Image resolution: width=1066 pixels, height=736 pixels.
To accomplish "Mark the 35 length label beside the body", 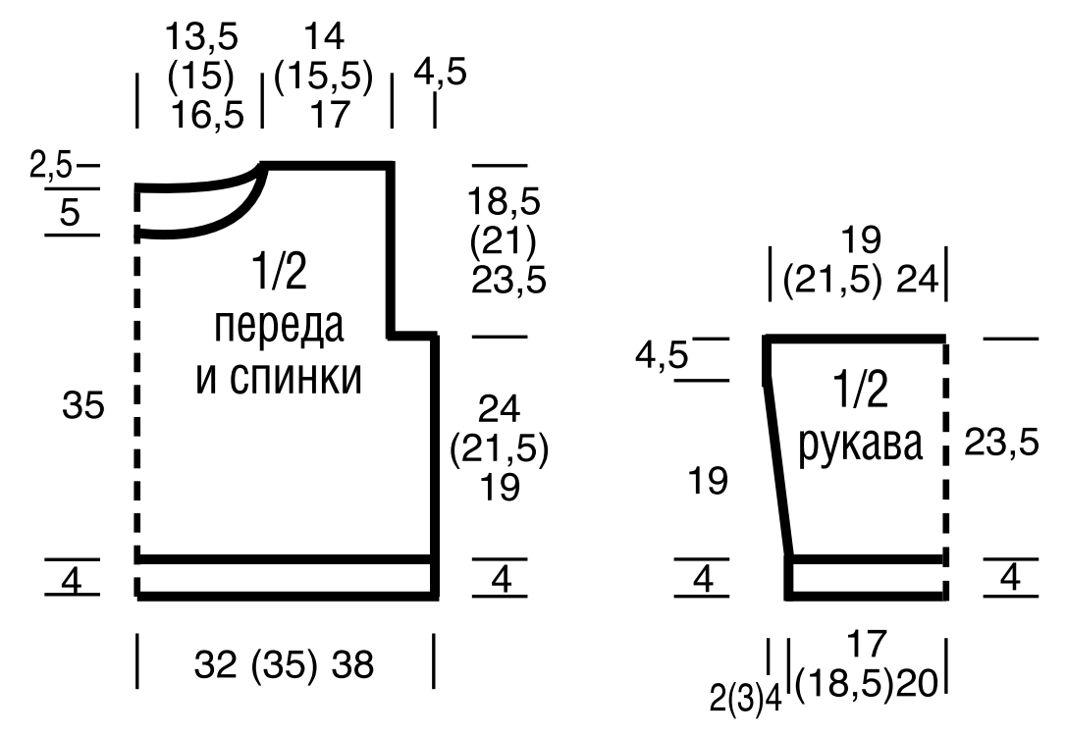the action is tap(82, 405).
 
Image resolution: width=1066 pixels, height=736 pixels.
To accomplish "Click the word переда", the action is tap(280, 327).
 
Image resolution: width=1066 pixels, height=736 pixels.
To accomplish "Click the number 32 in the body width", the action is tap(216, 666).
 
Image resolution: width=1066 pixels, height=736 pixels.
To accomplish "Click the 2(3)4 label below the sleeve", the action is tap(746, 698).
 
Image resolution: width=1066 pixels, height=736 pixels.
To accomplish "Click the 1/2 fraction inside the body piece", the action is tap(280, 273).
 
